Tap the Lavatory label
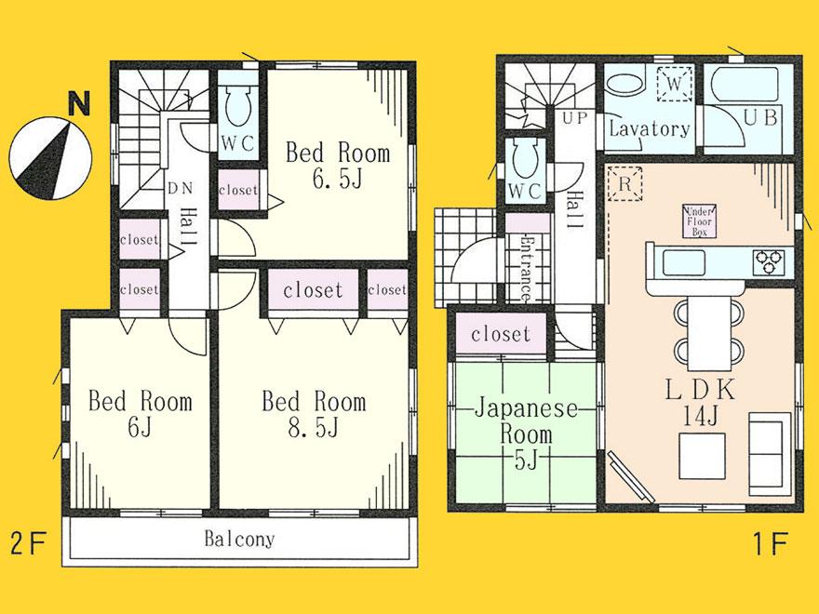pos(649,129)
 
